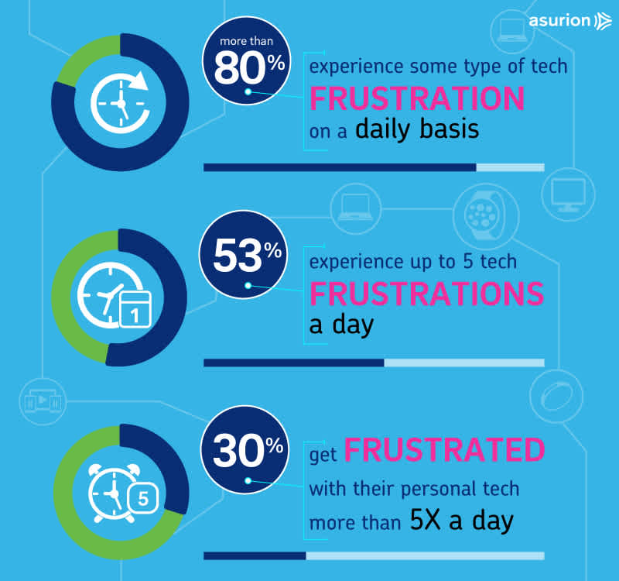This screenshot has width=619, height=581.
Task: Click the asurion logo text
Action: tap(559, 20)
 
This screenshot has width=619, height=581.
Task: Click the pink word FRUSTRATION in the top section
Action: tap(417, 99)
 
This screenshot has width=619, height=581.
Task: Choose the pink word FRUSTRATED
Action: tap(443, 450)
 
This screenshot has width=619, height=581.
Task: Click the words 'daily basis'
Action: tap(417, 129)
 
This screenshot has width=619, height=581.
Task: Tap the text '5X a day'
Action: tap(461, 521)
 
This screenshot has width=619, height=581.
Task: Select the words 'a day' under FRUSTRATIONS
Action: tap(341, 324)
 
